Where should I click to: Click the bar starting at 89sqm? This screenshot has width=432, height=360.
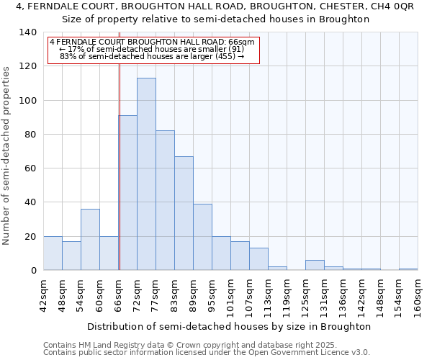pyautogui.click(x=202, y=237)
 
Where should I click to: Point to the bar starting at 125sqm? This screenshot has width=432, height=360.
pyautogui.click(x=315, y=265)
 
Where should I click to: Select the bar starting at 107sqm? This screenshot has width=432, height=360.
pyautogui.click(x=258, y=259)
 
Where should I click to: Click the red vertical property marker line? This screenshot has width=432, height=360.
pyautogui.click(x=120, y=166)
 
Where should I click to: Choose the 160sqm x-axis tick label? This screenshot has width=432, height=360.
pyautogui.click(x=418, y=296)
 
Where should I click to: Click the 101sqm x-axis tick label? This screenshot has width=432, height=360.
pyautogui.click(x=230, y=296)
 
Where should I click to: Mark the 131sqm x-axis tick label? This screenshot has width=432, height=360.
pyautogui.click(x=324, y=296)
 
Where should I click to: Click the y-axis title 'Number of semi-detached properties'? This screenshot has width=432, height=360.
pyautogui.click(x=7, y=155)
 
